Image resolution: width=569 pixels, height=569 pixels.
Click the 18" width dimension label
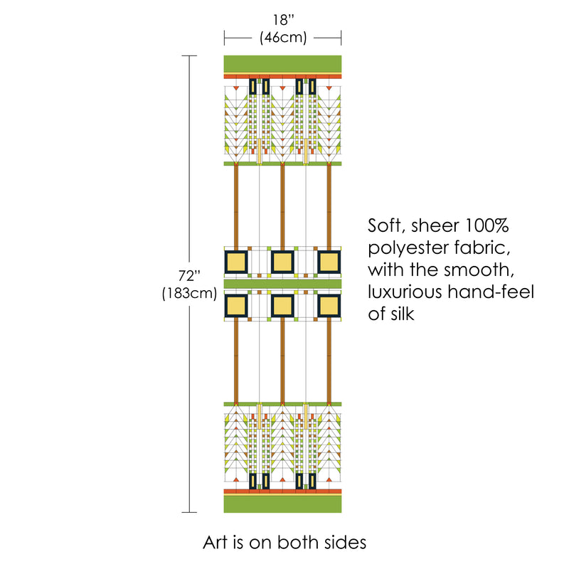[282, 21]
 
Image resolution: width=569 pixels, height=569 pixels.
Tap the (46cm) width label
[282, 38]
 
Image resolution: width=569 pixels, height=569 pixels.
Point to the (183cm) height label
[189, 292]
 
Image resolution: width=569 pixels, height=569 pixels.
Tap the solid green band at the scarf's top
[282, 63]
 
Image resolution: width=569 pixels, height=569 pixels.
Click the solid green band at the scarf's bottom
[282, 504]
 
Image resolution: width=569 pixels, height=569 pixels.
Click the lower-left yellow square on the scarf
[236, 306]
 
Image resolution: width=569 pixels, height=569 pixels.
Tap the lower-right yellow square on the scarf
[329, 306]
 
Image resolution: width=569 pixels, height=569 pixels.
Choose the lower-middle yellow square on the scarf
[282, 306]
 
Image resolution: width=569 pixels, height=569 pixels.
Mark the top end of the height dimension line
[189, 55]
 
